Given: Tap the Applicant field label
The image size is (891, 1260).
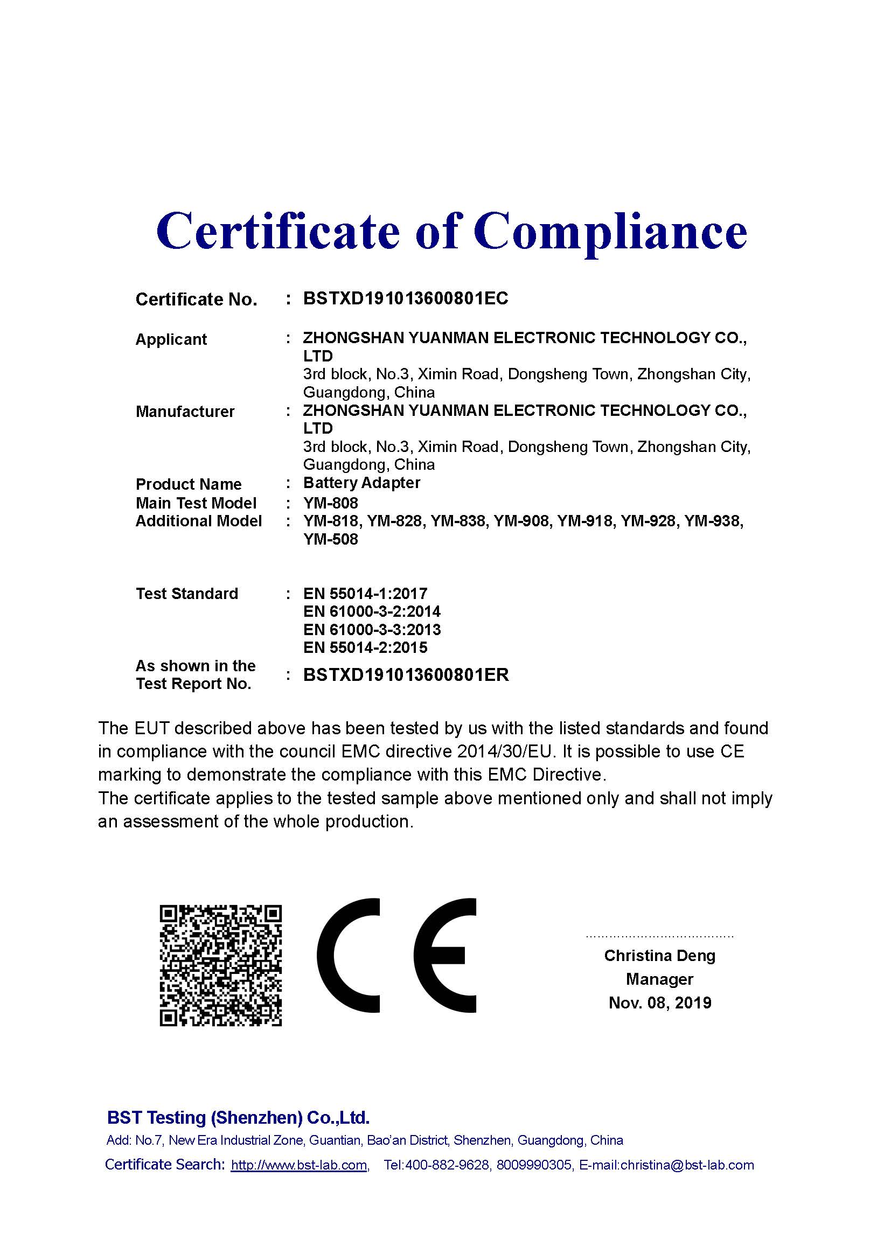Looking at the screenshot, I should coord(171,339).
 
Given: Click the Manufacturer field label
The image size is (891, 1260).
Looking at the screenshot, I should coord(185,412).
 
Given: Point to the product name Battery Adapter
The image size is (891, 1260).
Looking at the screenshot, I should coord(361,483).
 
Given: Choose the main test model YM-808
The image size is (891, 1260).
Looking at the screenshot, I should coord(330,503).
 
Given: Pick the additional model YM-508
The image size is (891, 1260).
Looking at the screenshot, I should coord(330,539).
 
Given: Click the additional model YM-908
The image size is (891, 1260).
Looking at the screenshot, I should coord(521,521).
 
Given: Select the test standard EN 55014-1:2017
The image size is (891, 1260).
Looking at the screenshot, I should coord(365,593).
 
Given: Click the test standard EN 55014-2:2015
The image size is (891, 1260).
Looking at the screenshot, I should coord(365,648).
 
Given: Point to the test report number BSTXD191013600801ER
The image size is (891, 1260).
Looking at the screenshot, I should coord(406,674).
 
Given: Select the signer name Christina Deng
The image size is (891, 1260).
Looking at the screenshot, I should coord(659,956).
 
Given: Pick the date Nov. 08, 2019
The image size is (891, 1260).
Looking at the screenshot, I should coord(659,1003).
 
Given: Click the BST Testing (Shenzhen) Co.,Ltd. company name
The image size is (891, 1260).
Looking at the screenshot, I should coord(238,1118).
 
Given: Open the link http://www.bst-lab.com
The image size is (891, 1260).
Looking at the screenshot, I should coord(299,1165).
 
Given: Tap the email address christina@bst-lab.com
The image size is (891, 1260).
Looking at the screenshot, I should coord(687,1165).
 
